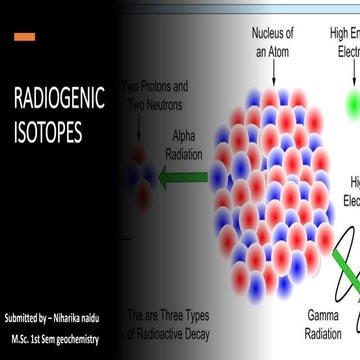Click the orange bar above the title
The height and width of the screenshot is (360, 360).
[x=25, y=37]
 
